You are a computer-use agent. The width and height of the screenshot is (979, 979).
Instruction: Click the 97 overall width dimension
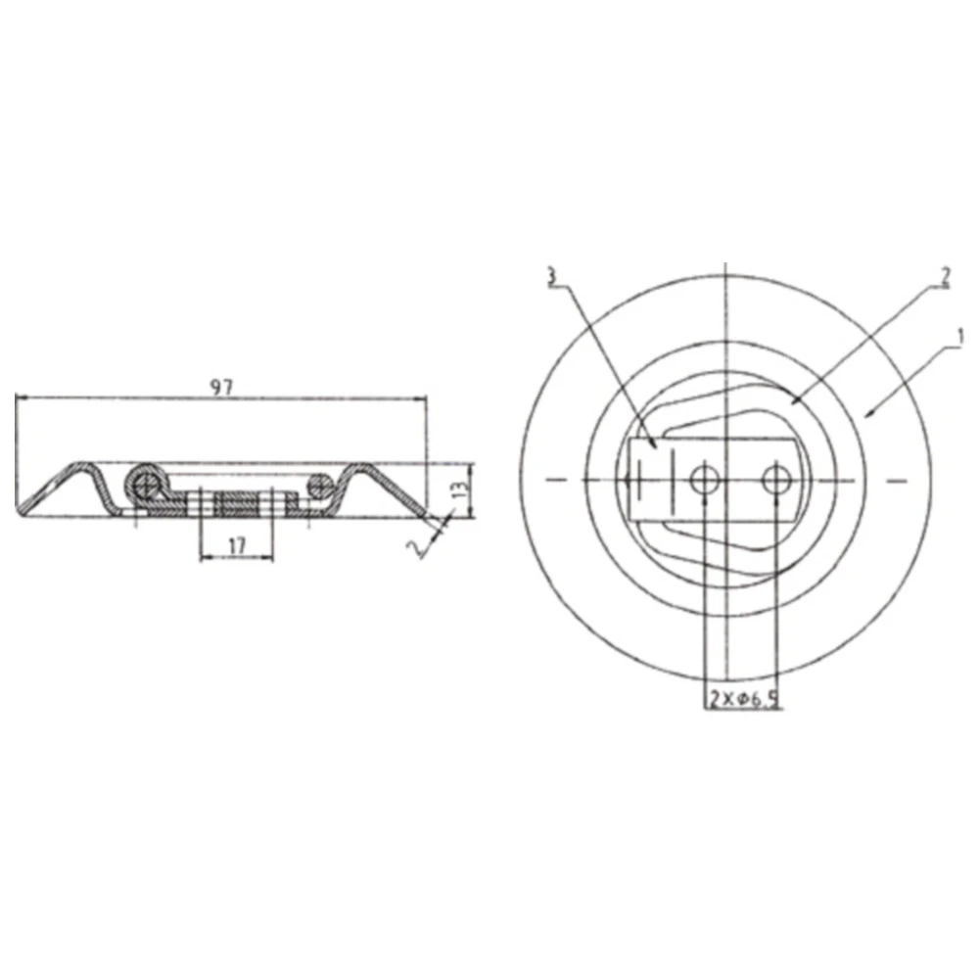223,388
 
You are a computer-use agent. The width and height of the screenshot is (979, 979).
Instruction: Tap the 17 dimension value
236,546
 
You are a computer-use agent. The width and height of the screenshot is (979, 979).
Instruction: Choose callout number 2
944,275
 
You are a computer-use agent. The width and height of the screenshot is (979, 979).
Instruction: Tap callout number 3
553,277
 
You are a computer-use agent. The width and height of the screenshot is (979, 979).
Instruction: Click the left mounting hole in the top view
704,479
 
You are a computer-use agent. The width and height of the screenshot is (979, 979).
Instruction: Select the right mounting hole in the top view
776,479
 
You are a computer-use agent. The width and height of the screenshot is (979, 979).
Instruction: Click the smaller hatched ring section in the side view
319,483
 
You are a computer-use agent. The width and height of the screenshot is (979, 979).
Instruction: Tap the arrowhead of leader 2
793,402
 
